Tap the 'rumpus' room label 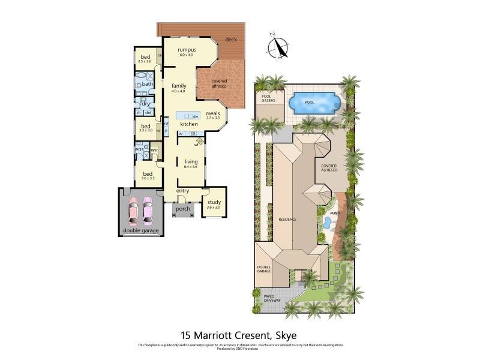186,50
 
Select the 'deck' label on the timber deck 231,40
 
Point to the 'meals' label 212,113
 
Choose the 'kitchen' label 189,124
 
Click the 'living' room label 191,161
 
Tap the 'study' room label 214,202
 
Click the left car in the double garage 133,211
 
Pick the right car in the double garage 148,211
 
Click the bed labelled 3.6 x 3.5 147,174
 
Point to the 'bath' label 147,84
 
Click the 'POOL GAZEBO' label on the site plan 267,99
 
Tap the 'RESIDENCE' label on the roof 287,220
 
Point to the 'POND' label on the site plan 334,212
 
